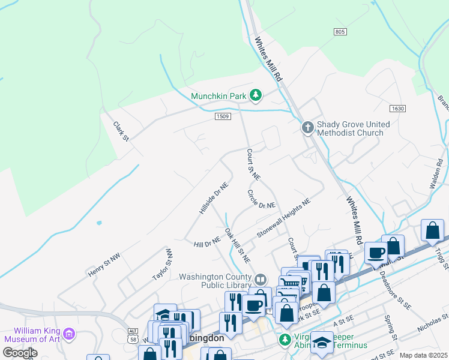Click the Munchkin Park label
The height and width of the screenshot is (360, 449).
click(x=219, y=95)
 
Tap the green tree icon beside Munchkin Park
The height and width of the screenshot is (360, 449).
click(x=256, y=95)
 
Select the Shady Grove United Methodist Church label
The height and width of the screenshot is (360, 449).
click(x=350, y=128)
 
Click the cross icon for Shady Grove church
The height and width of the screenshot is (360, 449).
click(x=307, y=127)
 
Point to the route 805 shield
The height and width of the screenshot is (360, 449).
click(x=340, y=31)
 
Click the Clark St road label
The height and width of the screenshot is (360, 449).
click(x=121, y=132)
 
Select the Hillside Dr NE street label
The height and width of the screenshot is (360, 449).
click(x=214, y=198)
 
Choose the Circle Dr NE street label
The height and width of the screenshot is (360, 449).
click(x=261, y=199)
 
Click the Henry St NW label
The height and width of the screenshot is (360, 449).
click(x=104, y=264)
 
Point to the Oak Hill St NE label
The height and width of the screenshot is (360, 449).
click(x=237, y=245)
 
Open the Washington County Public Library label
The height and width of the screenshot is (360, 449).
click(x=216, y=281)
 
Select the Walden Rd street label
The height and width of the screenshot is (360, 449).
click(x=436, y=174)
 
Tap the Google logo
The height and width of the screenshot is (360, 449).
click(x=20, y=353)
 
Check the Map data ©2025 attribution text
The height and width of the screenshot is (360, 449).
click(x=424, y=355)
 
